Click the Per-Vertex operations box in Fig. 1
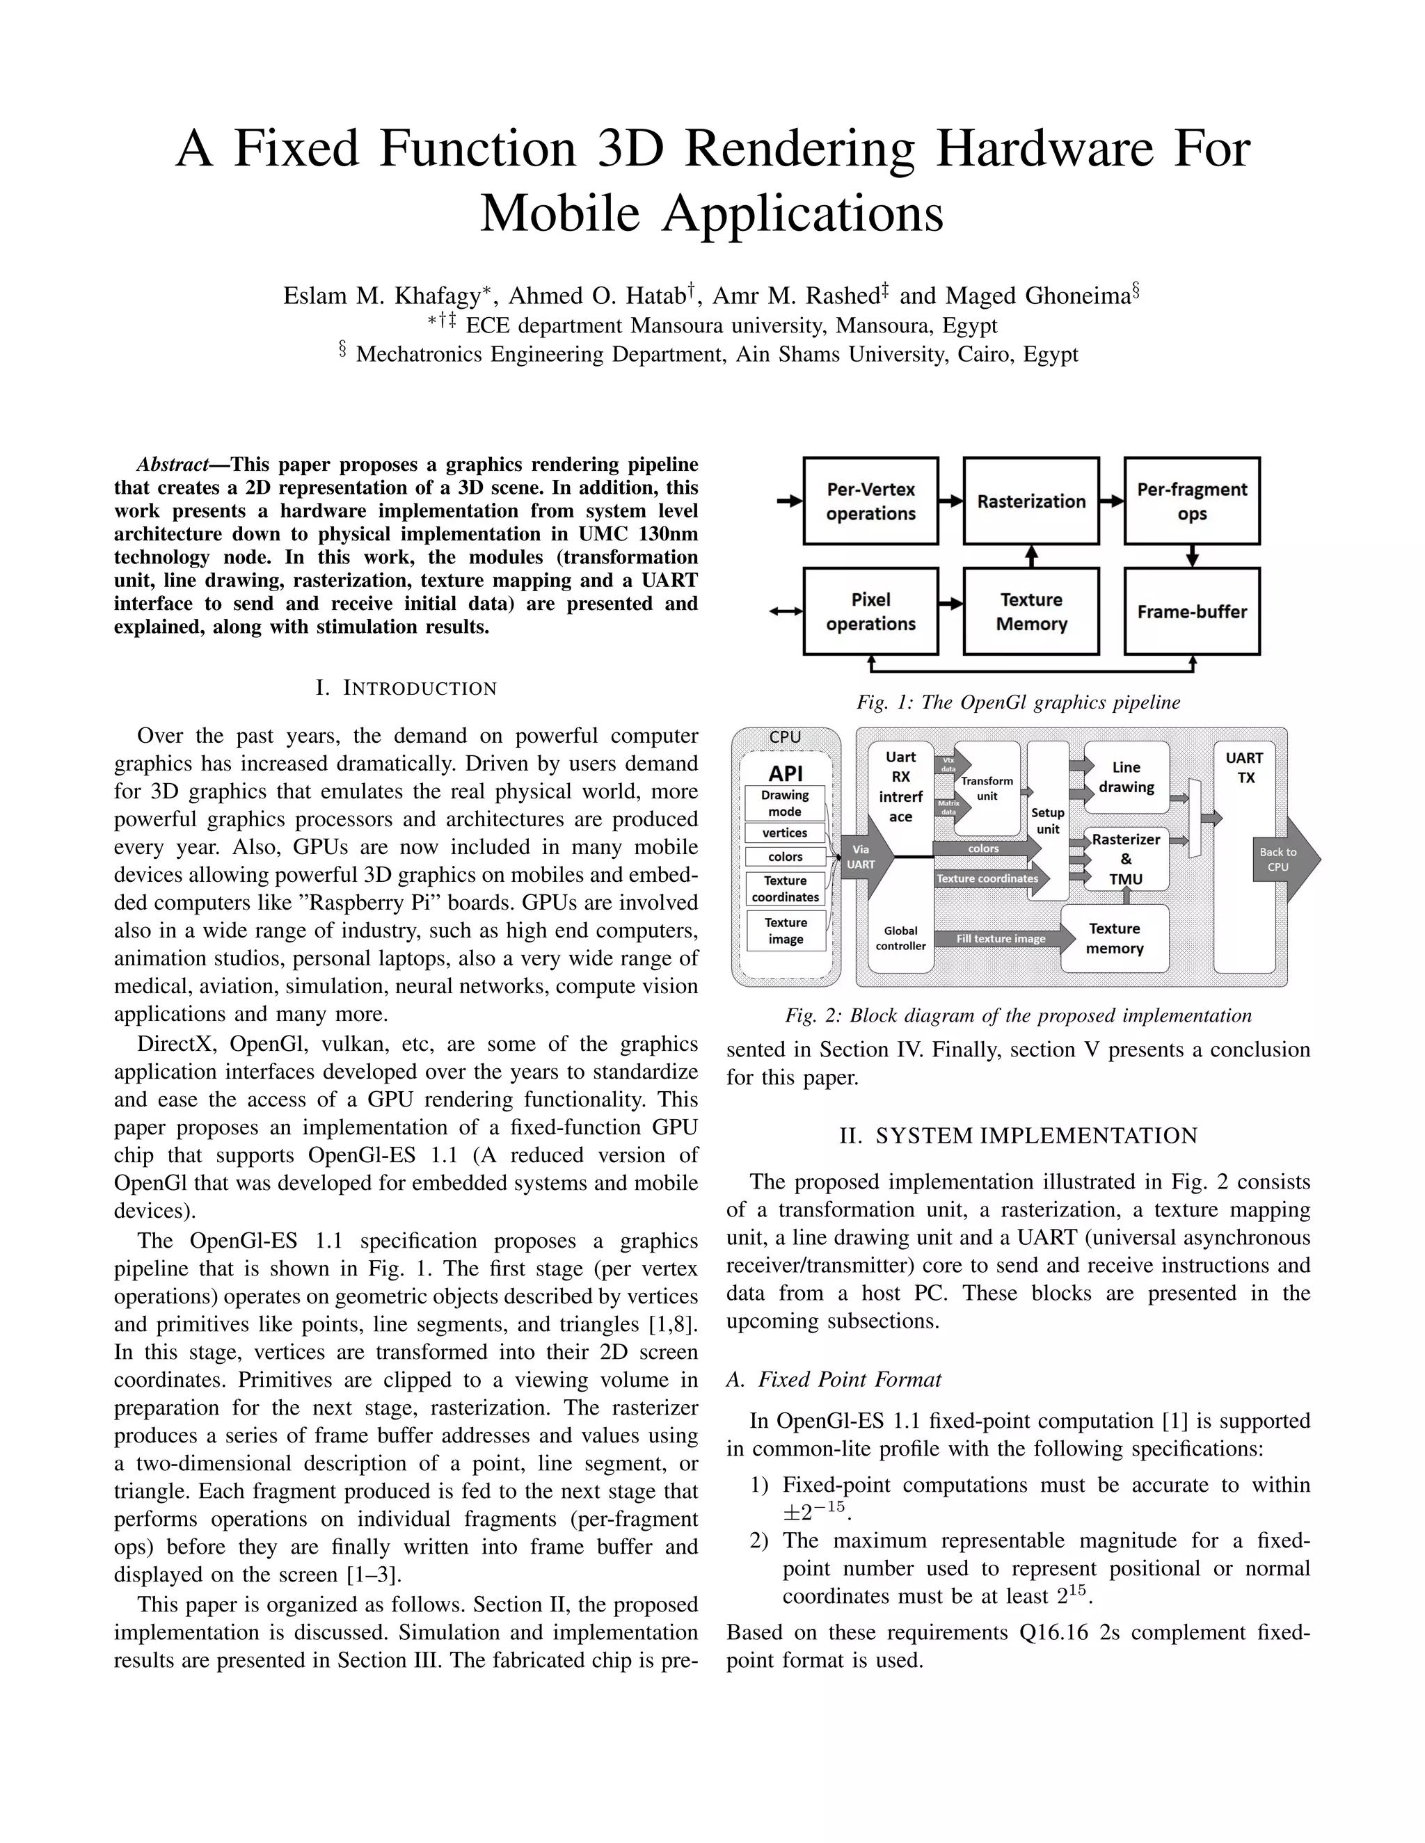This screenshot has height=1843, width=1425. click(x=870, y=501)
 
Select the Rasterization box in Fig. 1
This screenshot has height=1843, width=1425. click(x=1030, y=501)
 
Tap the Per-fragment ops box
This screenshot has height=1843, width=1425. click(x=1191, y=501)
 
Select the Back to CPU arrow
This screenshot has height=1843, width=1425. click(x=1283, y=859)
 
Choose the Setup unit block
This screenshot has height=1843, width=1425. click(x=1048, y=820)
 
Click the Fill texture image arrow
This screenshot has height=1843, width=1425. click(x=1002, y=938)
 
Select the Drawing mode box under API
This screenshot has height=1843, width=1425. click(x=784, y=803)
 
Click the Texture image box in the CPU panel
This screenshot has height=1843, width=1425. click(x=785, y=931)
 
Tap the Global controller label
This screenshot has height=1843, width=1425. click(x=901, y=938)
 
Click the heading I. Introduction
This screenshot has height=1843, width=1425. click(x=406, y=688)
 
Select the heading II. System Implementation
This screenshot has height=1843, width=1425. click(x=1018, y=1136)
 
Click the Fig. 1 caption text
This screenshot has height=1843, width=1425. click(x=1018, y=702)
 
